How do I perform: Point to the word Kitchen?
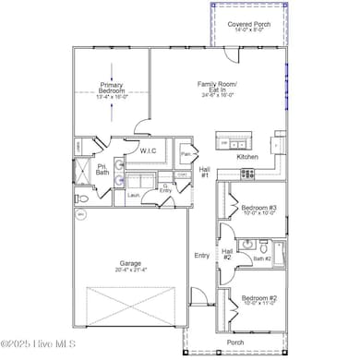(x=247, y=157)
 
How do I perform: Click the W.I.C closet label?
(x=148, y=150)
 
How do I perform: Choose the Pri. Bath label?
(x=102, y=171)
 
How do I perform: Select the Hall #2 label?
(x=227, y=254)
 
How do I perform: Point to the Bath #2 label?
(x=263, y=259)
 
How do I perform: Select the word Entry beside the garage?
(x=201, y=256)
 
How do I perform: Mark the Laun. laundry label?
(x=133, y=195)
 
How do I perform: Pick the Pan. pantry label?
(x=186, y=154)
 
